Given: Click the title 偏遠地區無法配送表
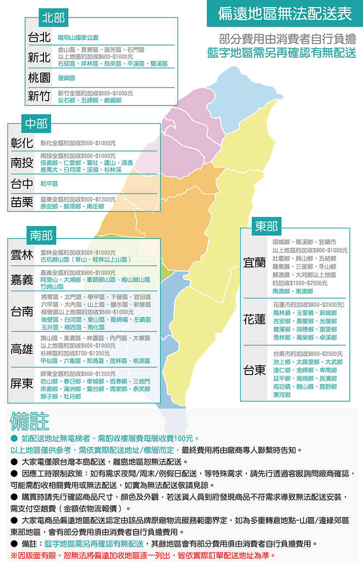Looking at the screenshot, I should point(285,14).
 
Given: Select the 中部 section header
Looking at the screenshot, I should point(36,124).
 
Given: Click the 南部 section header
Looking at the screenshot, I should point(41,236).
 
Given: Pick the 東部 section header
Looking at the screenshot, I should point(267,226).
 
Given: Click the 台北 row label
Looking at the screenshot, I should point(39,37).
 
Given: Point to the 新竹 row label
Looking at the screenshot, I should point(39,96).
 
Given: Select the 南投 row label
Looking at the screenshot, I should point(22,163).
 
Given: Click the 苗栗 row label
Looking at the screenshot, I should point(22,202).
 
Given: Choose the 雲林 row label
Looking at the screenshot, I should point(22,255).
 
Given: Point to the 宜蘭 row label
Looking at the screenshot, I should point(255,263).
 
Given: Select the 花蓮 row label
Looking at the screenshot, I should point(255,320).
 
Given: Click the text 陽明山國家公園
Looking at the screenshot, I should point(78,38).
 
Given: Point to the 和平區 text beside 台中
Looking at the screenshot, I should point(49,184).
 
